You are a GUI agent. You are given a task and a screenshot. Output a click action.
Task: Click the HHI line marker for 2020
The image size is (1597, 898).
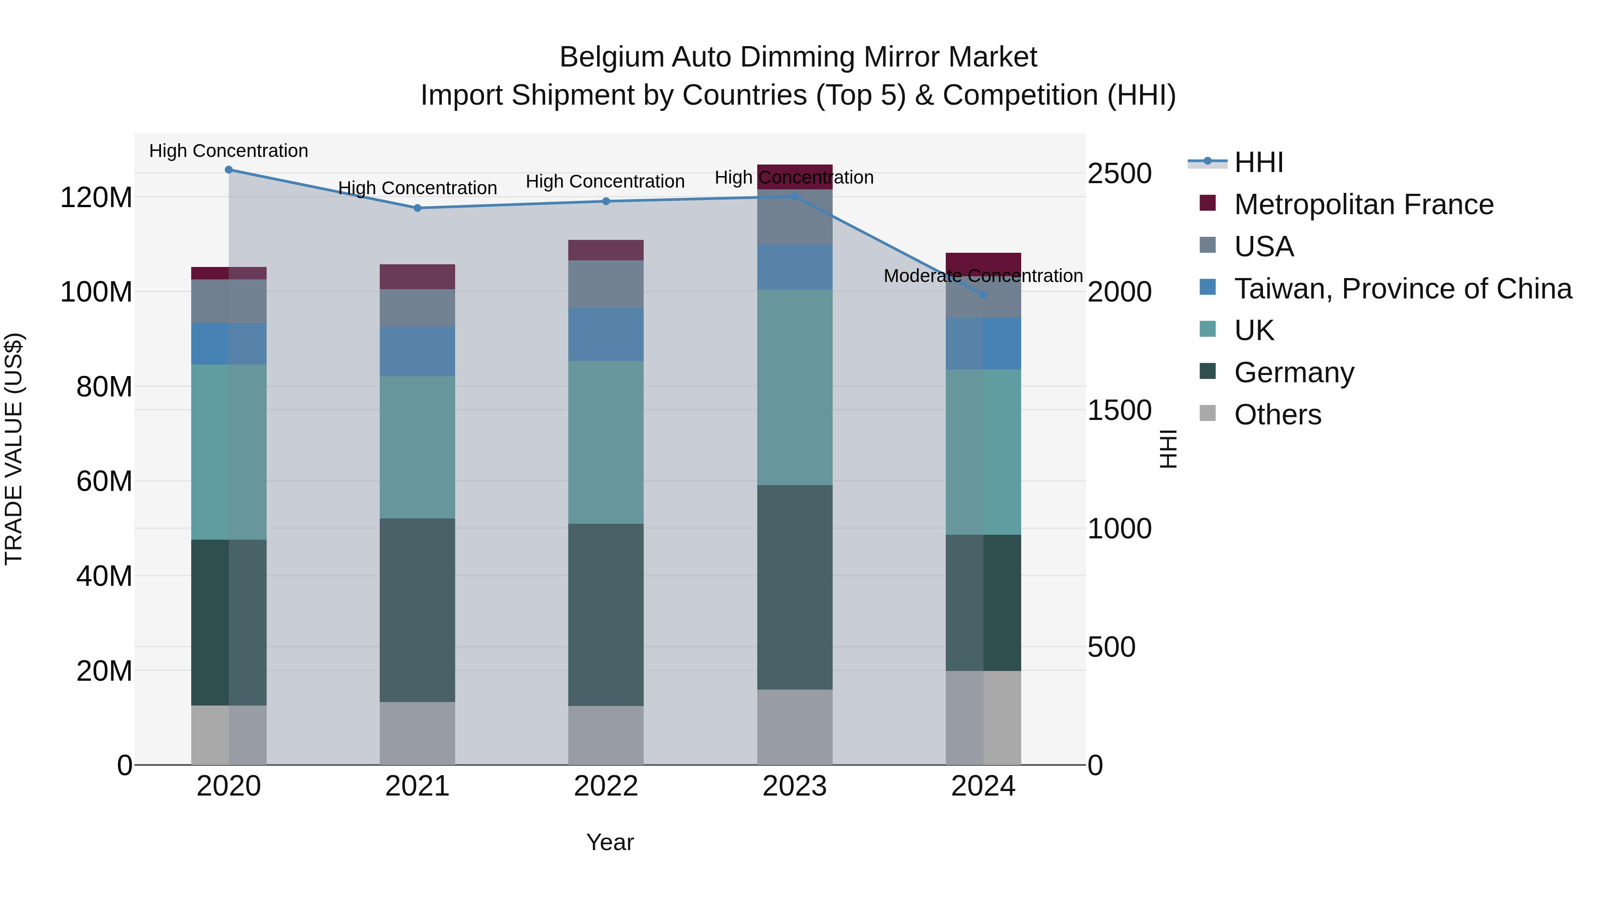click(x=229, y=170)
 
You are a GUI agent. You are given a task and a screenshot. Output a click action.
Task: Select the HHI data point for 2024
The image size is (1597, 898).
click(x=983, y=295)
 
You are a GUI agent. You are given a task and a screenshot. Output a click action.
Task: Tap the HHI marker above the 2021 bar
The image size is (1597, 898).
click(x=417, y=208)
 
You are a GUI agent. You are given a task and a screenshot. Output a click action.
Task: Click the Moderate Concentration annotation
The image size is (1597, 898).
click(x=983, y=276)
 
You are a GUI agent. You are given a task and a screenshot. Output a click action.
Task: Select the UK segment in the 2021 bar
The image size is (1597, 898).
click(x=417, y=447)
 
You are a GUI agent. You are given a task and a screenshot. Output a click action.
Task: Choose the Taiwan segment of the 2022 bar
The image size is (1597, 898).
click(x=606, y=335)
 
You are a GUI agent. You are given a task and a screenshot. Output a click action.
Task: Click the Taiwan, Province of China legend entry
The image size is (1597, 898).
click(x=1402, y=289)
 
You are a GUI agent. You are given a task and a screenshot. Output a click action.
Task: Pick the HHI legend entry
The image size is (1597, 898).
click(x=1258, y=162)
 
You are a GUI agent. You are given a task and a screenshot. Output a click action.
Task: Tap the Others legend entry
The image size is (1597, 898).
click(x=1277, y=415)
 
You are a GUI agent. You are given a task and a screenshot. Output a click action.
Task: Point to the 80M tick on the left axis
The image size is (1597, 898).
click(x=104, y=387)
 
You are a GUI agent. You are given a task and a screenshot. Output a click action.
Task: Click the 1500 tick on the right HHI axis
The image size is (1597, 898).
click(x=1120, y=410)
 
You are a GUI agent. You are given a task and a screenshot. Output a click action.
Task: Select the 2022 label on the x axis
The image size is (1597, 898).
click(x=606, y=786)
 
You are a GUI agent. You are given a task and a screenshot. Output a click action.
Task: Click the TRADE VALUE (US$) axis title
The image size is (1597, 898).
click(x=14, y=449)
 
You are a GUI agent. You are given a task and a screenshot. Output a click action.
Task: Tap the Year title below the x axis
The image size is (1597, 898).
click(x=610, y=842)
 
